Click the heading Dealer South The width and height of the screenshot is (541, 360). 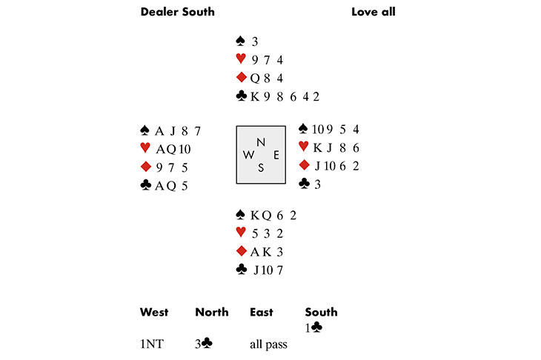(177, 12)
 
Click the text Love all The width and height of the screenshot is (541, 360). (373, 12)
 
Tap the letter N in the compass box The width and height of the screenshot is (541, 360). (259, 142)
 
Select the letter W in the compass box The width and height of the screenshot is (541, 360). (248, 155)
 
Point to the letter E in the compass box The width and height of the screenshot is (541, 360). (276, 155)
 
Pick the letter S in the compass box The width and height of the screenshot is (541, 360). (260, 167)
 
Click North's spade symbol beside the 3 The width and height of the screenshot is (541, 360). (239, 41)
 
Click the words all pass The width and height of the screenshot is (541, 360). (268, 344)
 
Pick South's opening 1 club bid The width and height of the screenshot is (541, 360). (313, 327)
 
